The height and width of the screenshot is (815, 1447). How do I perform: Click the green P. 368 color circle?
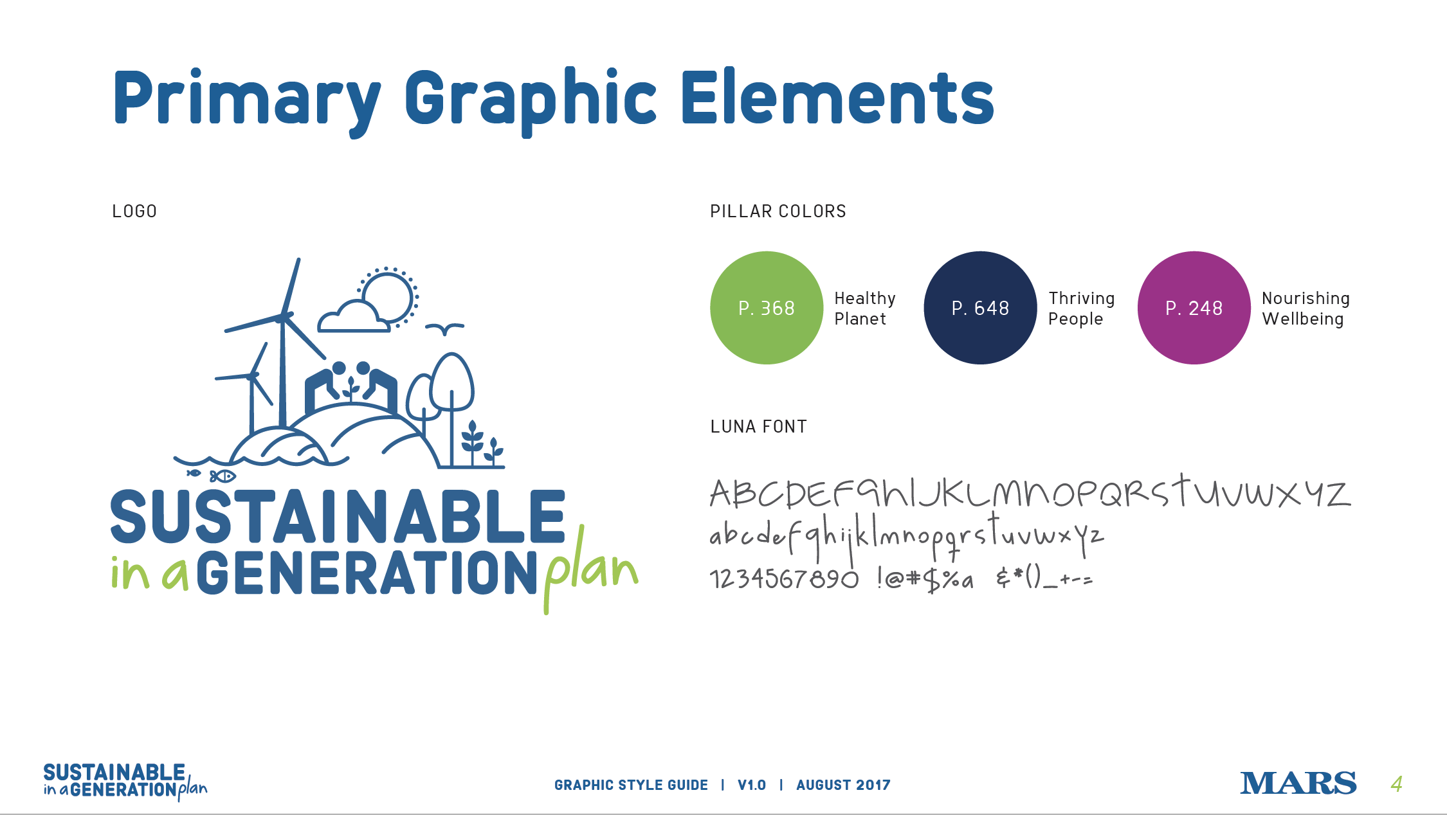click(x=767, y=308)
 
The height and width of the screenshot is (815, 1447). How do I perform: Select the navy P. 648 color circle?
click(x=980, y=308)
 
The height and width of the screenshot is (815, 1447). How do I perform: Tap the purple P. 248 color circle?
click(x=1194, y=308)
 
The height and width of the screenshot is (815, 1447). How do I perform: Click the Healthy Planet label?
click(x=865, y=309)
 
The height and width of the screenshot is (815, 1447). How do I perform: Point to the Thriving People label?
click(x=1082, y=309)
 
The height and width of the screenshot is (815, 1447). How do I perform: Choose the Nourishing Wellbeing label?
click(x=1306, y=309)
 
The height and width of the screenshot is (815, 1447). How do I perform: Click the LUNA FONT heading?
click(x=758, y=427)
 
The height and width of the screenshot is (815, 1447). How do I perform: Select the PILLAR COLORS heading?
click(x=778, y=211)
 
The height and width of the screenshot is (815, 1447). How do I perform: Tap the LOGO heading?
click(x=134, y=211)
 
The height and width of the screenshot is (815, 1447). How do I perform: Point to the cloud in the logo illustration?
click(x=353, y=316)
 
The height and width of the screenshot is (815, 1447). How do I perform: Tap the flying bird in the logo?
click(x=444, y=329)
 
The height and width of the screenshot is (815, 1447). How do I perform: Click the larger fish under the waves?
click(x=223, y=476)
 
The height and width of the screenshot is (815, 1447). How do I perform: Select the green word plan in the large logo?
click(x=590, y=569)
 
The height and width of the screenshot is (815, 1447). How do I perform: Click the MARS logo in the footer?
click(x=1298, y=784)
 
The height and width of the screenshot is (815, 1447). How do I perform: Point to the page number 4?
click(x=1396, y=784)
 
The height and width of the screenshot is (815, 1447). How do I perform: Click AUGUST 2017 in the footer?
click(x=843, y=785)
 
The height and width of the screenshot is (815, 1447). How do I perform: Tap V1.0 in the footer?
click(x=752, y=785)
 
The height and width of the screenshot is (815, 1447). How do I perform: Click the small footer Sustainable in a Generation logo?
click(x=125, y=782)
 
